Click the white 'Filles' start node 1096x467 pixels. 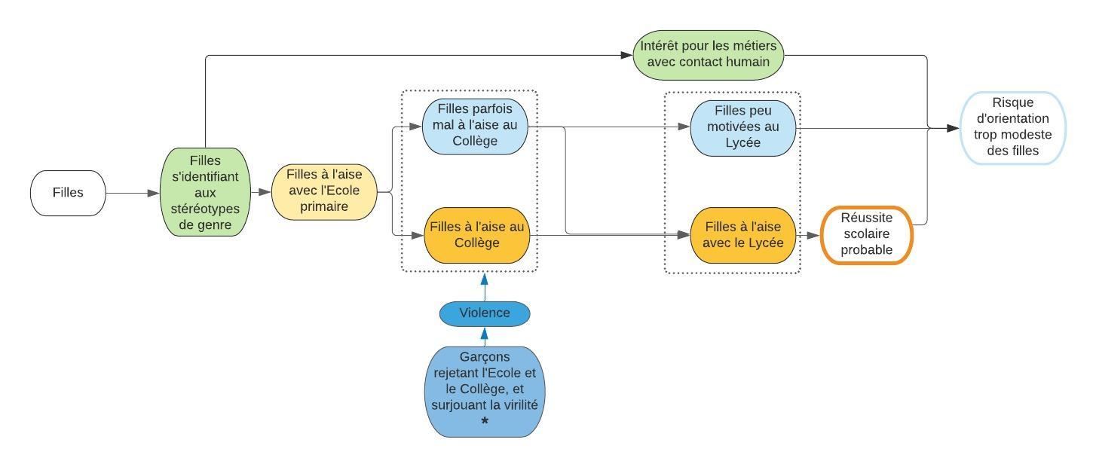point(68,193)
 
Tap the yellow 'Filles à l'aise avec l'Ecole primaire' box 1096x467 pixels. point(323,193)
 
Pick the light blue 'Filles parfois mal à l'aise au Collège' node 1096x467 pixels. point(475,127)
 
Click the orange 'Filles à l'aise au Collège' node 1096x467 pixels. point(476,235)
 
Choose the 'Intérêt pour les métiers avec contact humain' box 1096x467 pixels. point(708,54)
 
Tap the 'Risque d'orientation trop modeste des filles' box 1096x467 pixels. point(1014,128)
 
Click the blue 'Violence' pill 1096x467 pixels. point(485,313)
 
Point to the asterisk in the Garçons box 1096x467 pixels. point(485,422)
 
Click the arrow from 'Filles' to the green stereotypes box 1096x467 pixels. point(133,193)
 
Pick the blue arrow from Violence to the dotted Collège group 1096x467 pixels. point(485,286)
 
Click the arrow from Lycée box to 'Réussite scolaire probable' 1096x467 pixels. point(809,235)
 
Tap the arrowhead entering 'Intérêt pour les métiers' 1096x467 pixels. point(626,55)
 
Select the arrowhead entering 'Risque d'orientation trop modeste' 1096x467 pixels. point(954,129)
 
